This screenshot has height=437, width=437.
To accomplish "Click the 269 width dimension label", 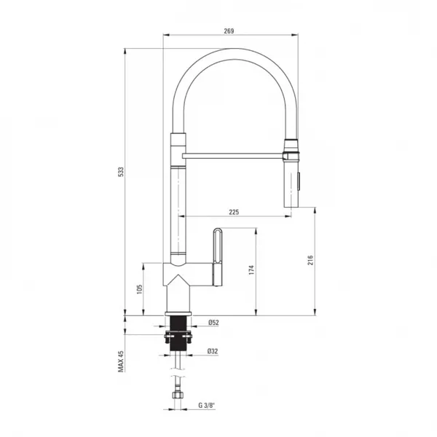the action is [x=229, y=31].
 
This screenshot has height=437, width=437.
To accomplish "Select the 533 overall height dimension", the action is [x=121, y=172].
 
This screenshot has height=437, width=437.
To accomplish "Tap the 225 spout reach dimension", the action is [x=234, y=212].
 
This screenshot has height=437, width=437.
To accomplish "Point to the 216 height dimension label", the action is [x=310, y=260].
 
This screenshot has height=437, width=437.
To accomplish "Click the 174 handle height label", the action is [x=251, y=270].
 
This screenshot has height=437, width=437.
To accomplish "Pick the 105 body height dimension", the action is [x=140, y=289].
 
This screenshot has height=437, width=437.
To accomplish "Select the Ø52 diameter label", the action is [x=213, y=323].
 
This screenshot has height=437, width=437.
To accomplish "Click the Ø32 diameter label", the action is [x=213, y=351].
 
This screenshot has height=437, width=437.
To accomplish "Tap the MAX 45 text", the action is [x=121, y=361].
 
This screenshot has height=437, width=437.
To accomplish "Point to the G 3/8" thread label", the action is [x=207, y=405].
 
